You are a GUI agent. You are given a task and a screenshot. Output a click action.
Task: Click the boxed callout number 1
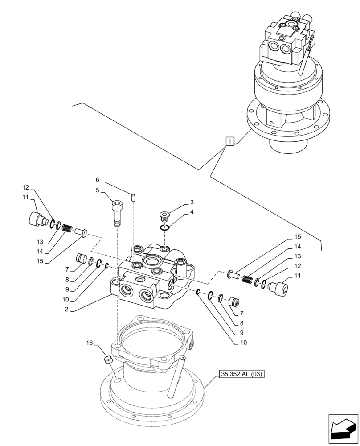click(229, 142)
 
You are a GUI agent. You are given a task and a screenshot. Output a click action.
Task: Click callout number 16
click(90, 343)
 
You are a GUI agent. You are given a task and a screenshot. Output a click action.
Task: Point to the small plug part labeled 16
click(107, 359)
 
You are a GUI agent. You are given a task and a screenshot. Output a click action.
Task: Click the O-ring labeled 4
click(165, 228)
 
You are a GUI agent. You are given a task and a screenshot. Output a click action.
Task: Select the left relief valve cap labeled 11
click(35, 219)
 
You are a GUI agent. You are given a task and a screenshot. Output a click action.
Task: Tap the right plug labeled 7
click(234, 302)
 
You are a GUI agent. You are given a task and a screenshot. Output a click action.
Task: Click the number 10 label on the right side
click(243, 343)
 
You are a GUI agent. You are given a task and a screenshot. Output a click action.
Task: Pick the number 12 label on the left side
click(25, 187)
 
